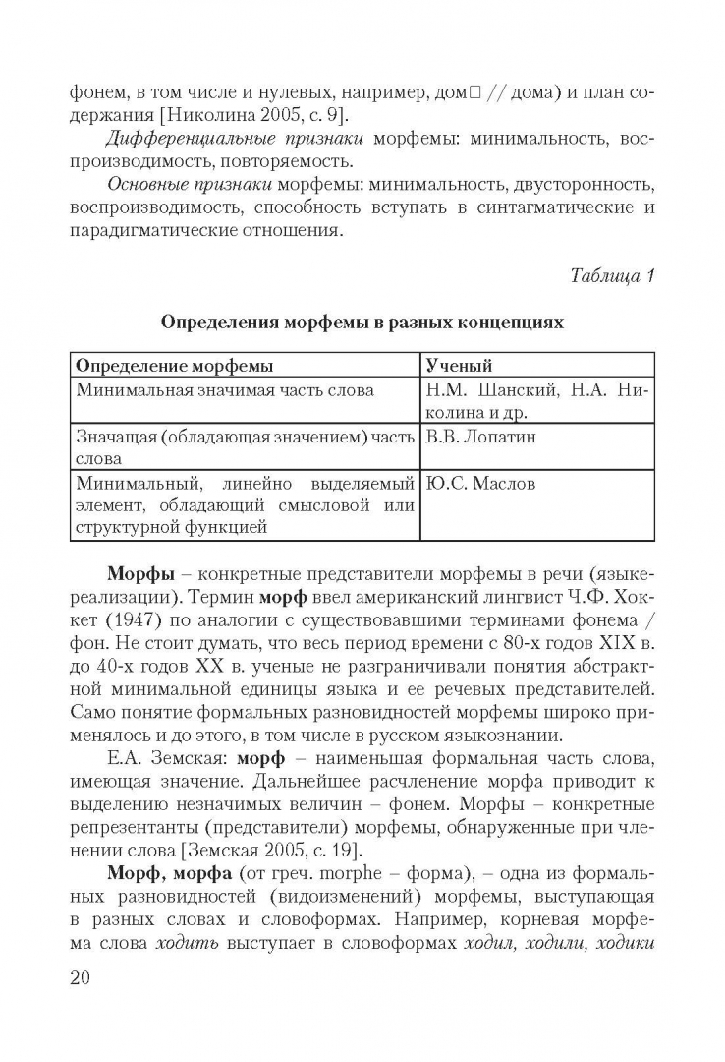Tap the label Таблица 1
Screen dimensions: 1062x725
pyautogui.click(x=612, y=276)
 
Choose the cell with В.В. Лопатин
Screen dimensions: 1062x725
pyautogui.click(x=481, y=437)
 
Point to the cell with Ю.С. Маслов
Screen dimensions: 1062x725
pyautogui.click(x=480, y=484)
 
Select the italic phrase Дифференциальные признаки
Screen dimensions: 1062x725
pyautogui.click(x=187, y=140)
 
